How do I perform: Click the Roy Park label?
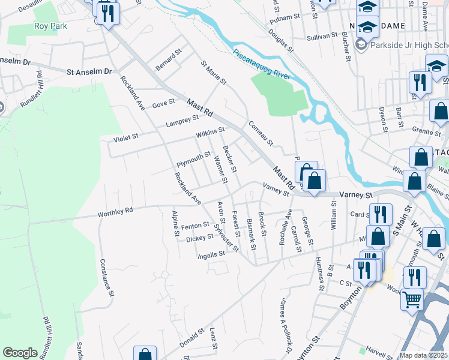click(x=50, y=26)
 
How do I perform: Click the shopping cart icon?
click(x=412, y=299)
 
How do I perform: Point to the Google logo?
click(x=20, y=353)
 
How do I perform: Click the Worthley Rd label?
click(x=115, y=213)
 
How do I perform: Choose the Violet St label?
click(x=126, y=137)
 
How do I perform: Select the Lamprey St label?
click(x=182, y=122)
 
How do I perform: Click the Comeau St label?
click(x=261, y=134)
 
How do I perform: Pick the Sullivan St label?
click(x=322, y=37)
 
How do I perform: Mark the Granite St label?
click(x=426, y=129)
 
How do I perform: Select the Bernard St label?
click(x=169, y=60)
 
